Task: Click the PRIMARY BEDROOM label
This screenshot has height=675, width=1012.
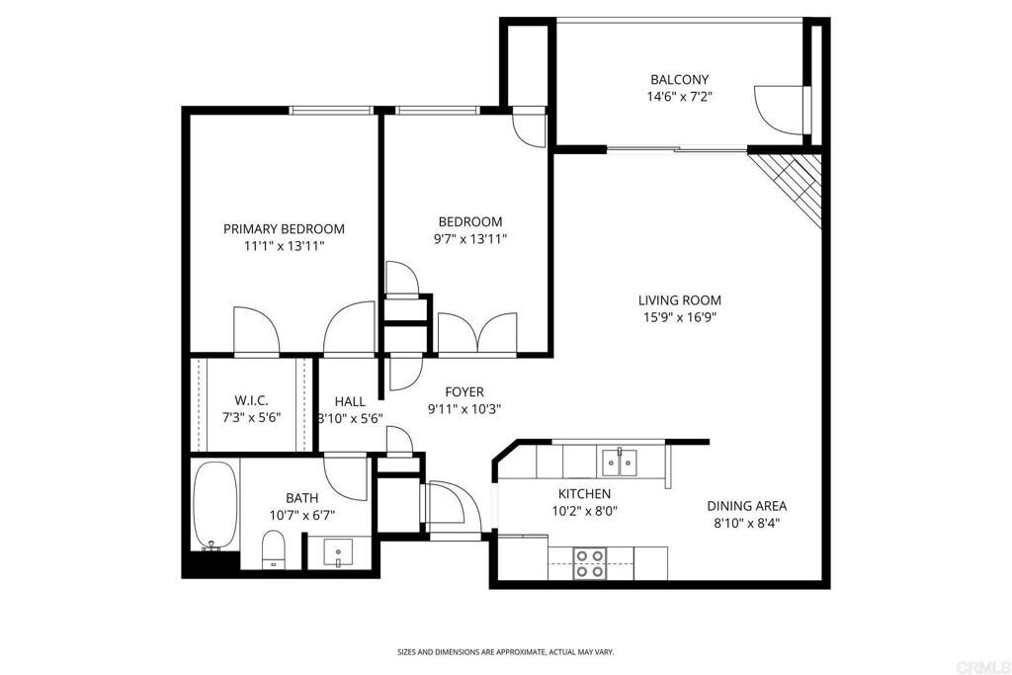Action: pos(284,228)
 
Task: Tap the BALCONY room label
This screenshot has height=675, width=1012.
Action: pos(679,79)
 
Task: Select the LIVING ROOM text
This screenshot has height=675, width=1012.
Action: pos(679,300)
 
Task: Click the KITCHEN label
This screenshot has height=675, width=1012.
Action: pos(584,493)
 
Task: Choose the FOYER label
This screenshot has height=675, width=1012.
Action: pos(464,391)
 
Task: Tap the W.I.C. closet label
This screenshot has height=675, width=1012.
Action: pos(251,400)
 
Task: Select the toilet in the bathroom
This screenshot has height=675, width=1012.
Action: pos(273,549)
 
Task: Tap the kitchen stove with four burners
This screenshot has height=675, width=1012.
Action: pos(591,563)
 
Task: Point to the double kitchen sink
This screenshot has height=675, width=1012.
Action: pos(620,461)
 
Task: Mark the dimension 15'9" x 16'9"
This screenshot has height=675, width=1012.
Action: pos(679,317)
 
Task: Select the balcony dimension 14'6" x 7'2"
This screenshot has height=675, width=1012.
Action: pos(679,97)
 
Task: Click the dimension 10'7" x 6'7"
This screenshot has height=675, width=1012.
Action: pos(301,515)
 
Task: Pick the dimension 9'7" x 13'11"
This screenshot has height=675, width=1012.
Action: pos(470,238)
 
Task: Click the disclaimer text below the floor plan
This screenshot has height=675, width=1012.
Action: pos(505,652)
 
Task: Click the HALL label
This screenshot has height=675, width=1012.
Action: pos(350,401)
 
